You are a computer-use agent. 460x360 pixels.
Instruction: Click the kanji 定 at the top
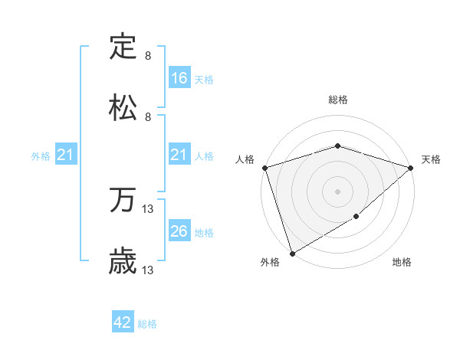(x=123, y=47)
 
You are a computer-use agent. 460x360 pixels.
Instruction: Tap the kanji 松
(x=123, y=108)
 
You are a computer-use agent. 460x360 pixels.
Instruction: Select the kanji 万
(x=123, y=201)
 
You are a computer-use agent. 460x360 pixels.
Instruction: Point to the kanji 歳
(x=123, y=262)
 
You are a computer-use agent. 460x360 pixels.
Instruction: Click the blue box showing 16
(x=179, y=78)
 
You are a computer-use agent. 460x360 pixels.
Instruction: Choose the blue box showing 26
(x=179, y=231)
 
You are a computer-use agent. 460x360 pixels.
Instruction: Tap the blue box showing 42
(x=123, y=322)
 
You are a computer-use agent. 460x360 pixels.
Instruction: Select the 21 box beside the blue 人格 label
(x=179, y=155)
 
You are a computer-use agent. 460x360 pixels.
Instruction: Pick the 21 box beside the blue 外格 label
(x=66, y=155)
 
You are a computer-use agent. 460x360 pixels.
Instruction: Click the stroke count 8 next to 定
(x=148, y=56)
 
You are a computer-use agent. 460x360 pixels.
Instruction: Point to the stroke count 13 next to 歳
(x=148, y=270)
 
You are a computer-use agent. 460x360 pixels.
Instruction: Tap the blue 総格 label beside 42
(x=147, y=324)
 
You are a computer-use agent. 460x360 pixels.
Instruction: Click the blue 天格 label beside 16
(x=204, y=79)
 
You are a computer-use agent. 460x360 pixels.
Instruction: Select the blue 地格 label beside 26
(x=204, y=232)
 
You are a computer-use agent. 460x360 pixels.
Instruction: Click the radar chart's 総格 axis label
(x=337, y=100)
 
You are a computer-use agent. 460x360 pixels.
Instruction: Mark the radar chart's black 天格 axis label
(x=431, y=159)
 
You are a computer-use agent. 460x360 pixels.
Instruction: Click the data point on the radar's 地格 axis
(x=356, y=217)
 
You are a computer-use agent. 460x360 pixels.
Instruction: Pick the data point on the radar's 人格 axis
(x=264, y=168)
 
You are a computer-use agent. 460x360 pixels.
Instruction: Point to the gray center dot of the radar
(x=337, y=191)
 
